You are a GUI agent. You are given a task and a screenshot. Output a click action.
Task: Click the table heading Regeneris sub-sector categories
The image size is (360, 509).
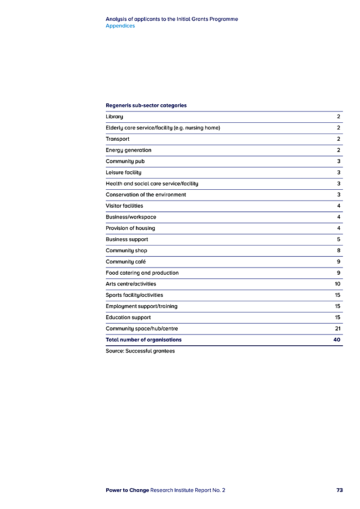point(146,106)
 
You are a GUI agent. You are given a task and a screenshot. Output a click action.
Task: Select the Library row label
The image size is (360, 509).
point(114,117)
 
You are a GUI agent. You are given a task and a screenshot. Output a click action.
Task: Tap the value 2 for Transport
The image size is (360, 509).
point(338,139)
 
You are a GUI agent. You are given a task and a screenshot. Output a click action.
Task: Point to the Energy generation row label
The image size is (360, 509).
point(128,150)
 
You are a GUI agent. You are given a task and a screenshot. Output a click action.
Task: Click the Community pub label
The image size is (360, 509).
point(125,161)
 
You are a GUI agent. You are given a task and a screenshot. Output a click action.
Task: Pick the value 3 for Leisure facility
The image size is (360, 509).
point(338,173)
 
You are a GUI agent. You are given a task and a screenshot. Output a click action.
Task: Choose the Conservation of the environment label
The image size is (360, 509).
point(146,195)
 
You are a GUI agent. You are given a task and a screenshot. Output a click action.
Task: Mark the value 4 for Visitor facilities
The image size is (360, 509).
point(338,206)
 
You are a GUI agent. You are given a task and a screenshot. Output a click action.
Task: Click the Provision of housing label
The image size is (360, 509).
point(130,228)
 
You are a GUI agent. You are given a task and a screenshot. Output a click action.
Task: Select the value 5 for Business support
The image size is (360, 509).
point(338,240)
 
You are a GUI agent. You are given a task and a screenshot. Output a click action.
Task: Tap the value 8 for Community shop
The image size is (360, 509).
point(338,250)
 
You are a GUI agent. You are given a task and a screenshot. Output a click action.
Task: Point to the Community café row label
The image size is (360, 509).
point(126,262)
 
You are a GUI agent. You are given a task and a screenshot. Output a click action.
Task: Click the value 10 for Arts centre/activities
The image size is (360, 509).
point(337,284)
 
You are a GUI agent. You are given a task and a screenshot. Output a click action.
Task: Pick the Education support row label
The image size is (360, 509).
point(128,317)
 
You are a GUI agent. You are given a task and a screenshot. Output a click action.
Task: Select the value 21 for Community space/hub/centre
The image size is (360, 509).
point(337,329)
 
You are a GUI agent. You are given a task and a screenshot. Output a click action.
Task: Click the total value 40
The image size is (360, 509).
point(337,340)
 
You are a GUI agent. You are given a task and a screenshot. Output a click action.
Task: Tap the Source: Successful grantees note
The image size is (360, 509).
point(140,351)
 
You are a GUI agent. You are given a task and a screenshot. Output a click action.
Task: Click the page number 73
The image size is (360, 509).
point(339,490)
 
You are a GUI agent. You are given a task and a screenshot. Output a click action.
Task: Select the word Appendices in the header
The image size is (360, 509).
point(120,26)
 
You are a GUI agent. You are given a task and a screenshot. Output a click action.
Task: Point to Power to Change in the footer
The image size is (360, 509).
point(127,490)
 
